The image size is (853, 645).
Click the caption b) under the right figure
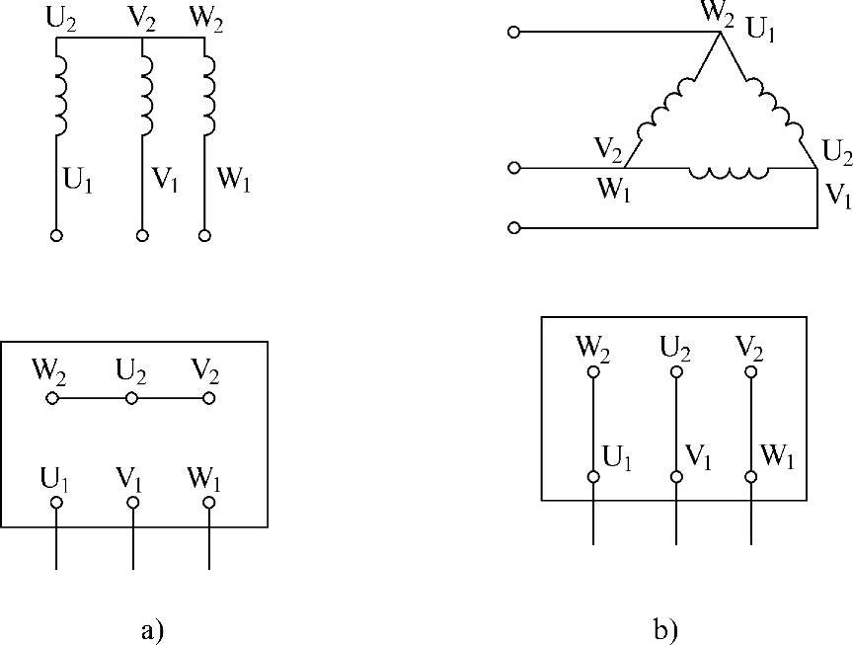tap(664, 628)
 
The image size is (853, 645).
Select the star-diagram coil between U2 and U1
tap(59, 96)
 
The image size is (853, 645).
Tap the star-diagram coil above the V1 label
tap(146, 96)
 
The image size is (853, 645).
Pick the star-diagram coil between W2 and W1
tap(208, 96)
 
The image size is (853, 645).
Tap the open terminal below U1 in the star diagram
tap(56, 236)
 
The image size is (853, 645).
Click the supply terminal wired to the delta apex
tap(513, 33)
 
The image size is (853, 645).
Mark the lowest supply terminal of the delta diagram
tap(513, 228)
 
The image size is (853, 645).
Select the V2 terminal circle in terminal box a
tap(208, 399)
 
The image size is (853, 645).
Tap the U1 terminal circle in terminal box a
tap(56, 503)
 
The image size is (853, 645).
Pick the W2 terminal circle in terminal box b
tap(593, 372)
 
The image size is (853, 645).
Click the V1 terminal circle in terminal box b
tap(676, 477)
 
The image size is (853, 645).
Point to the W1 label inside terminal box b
tap(776, 457)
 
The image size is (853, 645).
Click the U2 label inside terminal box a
tap(131, 373)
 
